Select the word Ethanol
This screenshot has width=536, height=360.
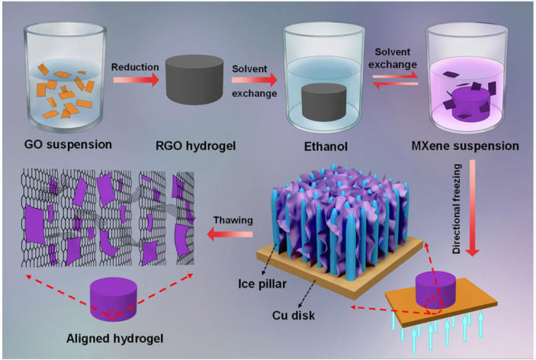(x=325, y=144)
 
